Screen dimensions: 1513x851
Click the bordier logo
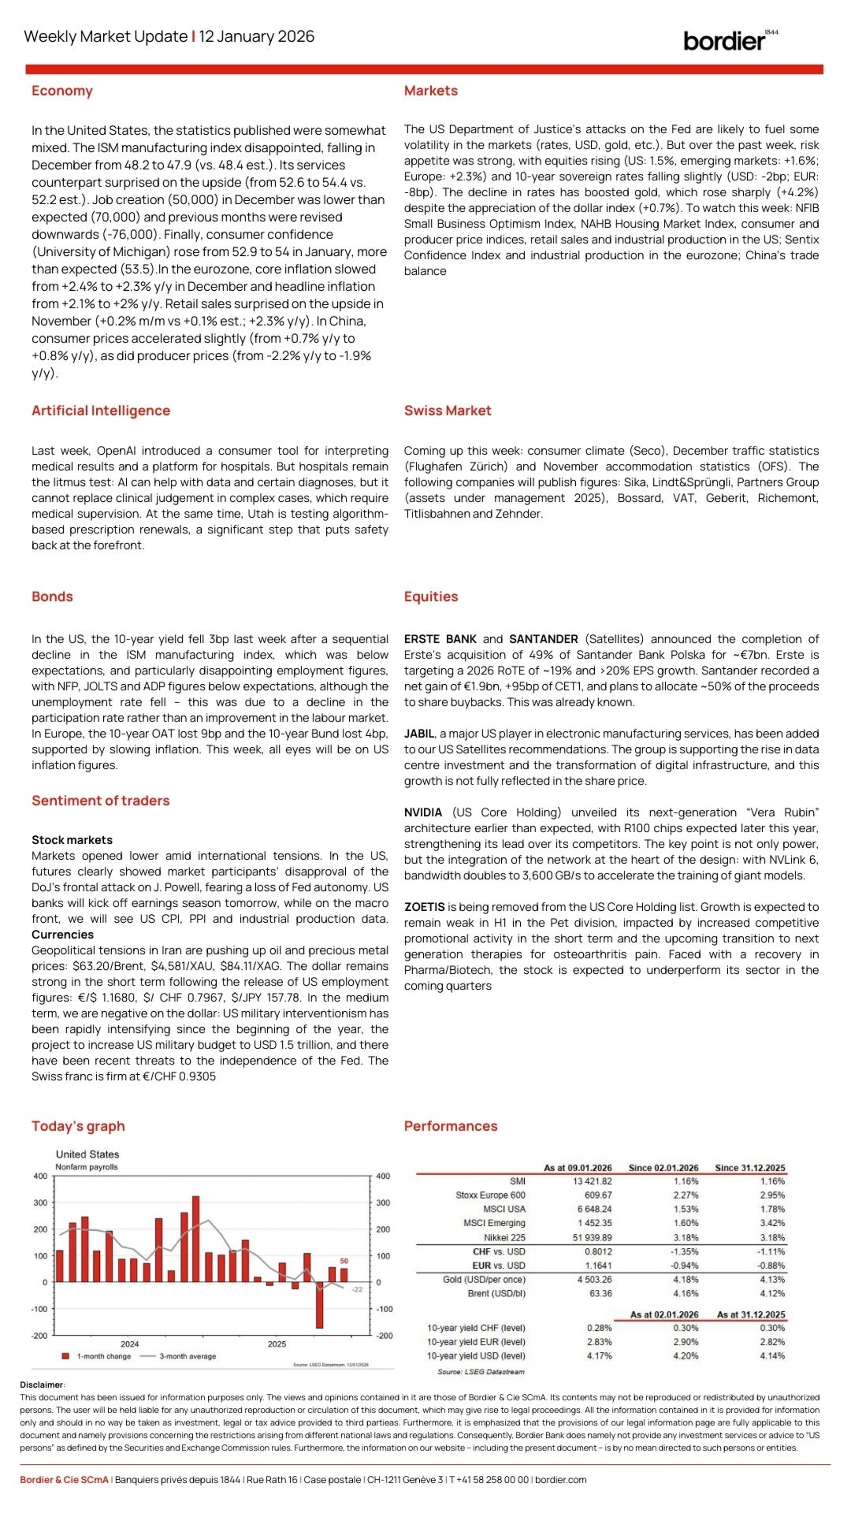point(728,40)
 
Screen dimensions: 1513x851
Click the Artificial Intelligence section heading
point(101,410)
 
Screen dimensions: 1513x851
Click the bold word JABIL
point(419,733)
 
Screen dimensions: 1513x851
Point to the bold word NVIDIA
point(423,812)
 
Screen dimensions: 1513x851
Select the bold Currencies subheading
point(62,935)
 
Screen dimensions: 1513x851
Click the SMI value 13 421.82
point(592,1181)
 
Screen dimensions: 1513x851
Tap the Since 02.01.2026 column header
point(663,1168)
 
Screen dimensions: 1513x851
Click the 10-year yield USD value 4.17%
point(599,1356)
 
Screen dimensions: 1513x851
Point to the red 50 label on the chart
point(344,1260)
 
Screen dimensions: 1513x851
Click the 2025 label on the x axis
point(277,1344)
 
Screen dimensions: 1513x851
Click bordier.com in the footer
point(560,1479)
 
